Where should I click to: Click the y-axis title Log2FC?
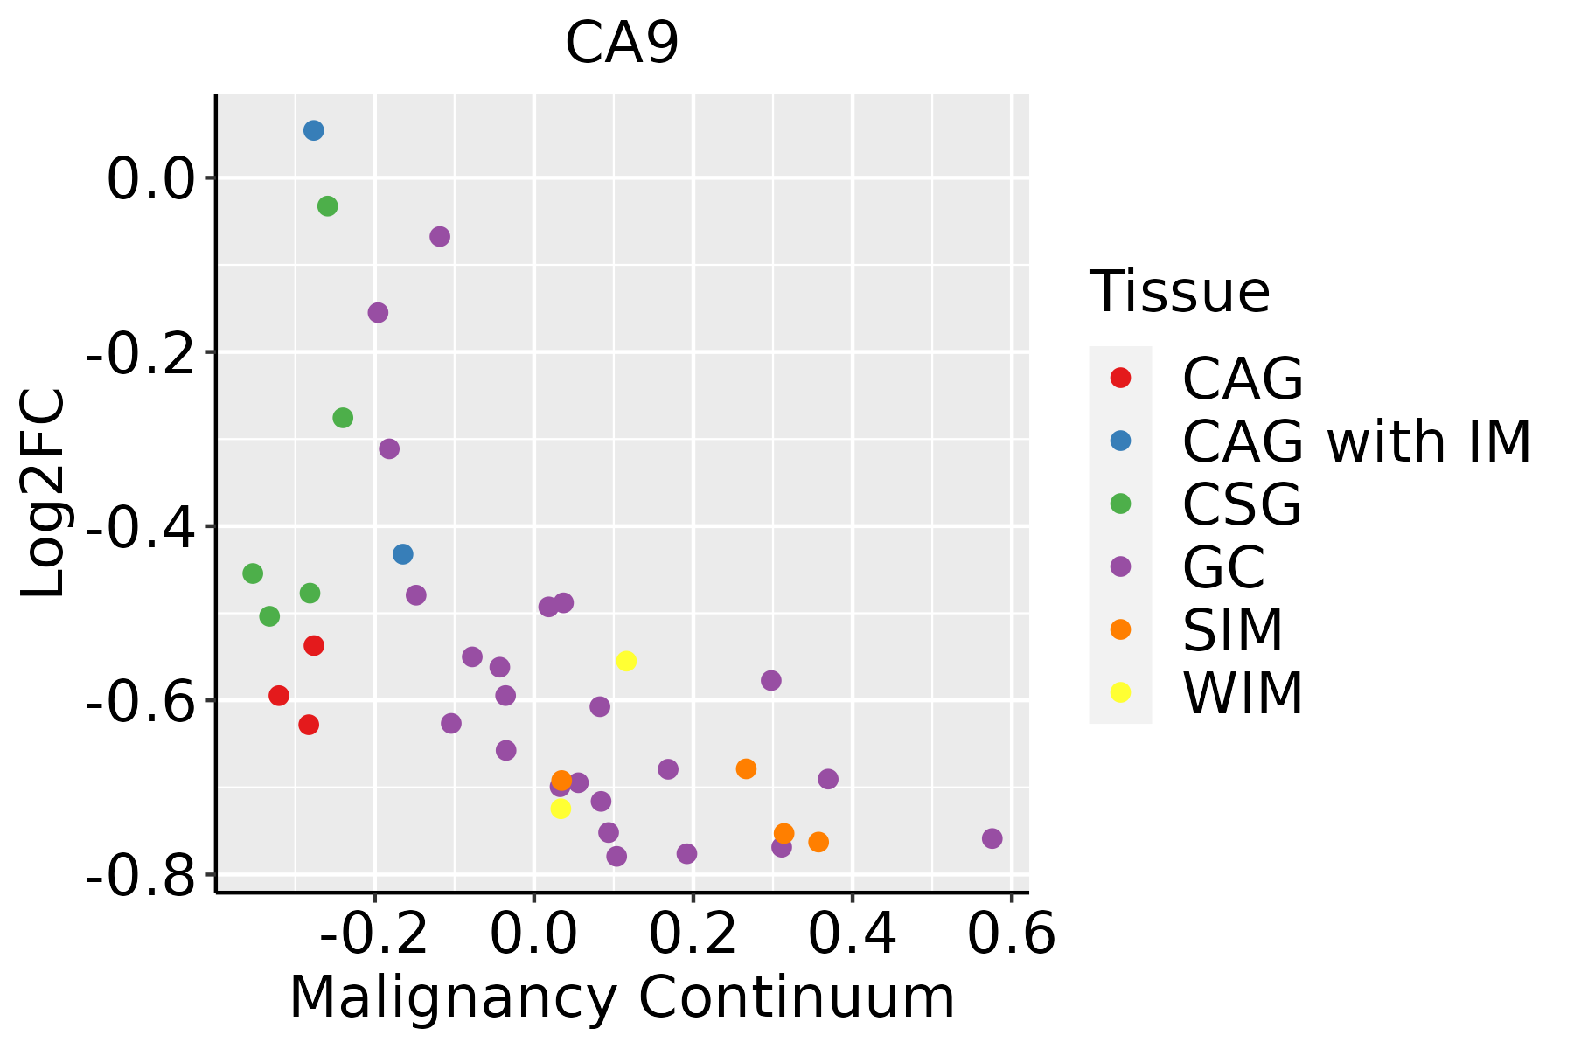[44, 493]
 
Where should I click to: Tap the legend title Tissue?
[1180, 292]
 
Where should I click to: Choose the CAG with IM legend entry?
[1356, 441]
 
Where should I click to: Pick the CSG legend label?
[1242, 504]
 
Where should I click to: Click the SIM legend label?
[1232, 630]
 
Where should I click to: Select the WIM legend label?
[1243, 693]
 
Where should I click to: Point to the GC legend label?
[1223, 567]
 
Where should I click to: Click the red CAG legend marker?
[1120, 378]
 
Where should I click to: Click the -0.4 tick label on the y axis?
[139, 527]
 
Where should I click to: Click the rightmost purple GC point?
[992, 839]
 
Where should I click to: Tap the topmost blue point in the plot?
[314, 131]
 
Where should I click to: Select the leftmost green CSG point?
[253, 573]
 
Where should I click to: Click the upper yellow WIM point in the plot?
[626, 661]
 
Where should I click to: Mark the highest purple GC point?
[440, 237]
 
